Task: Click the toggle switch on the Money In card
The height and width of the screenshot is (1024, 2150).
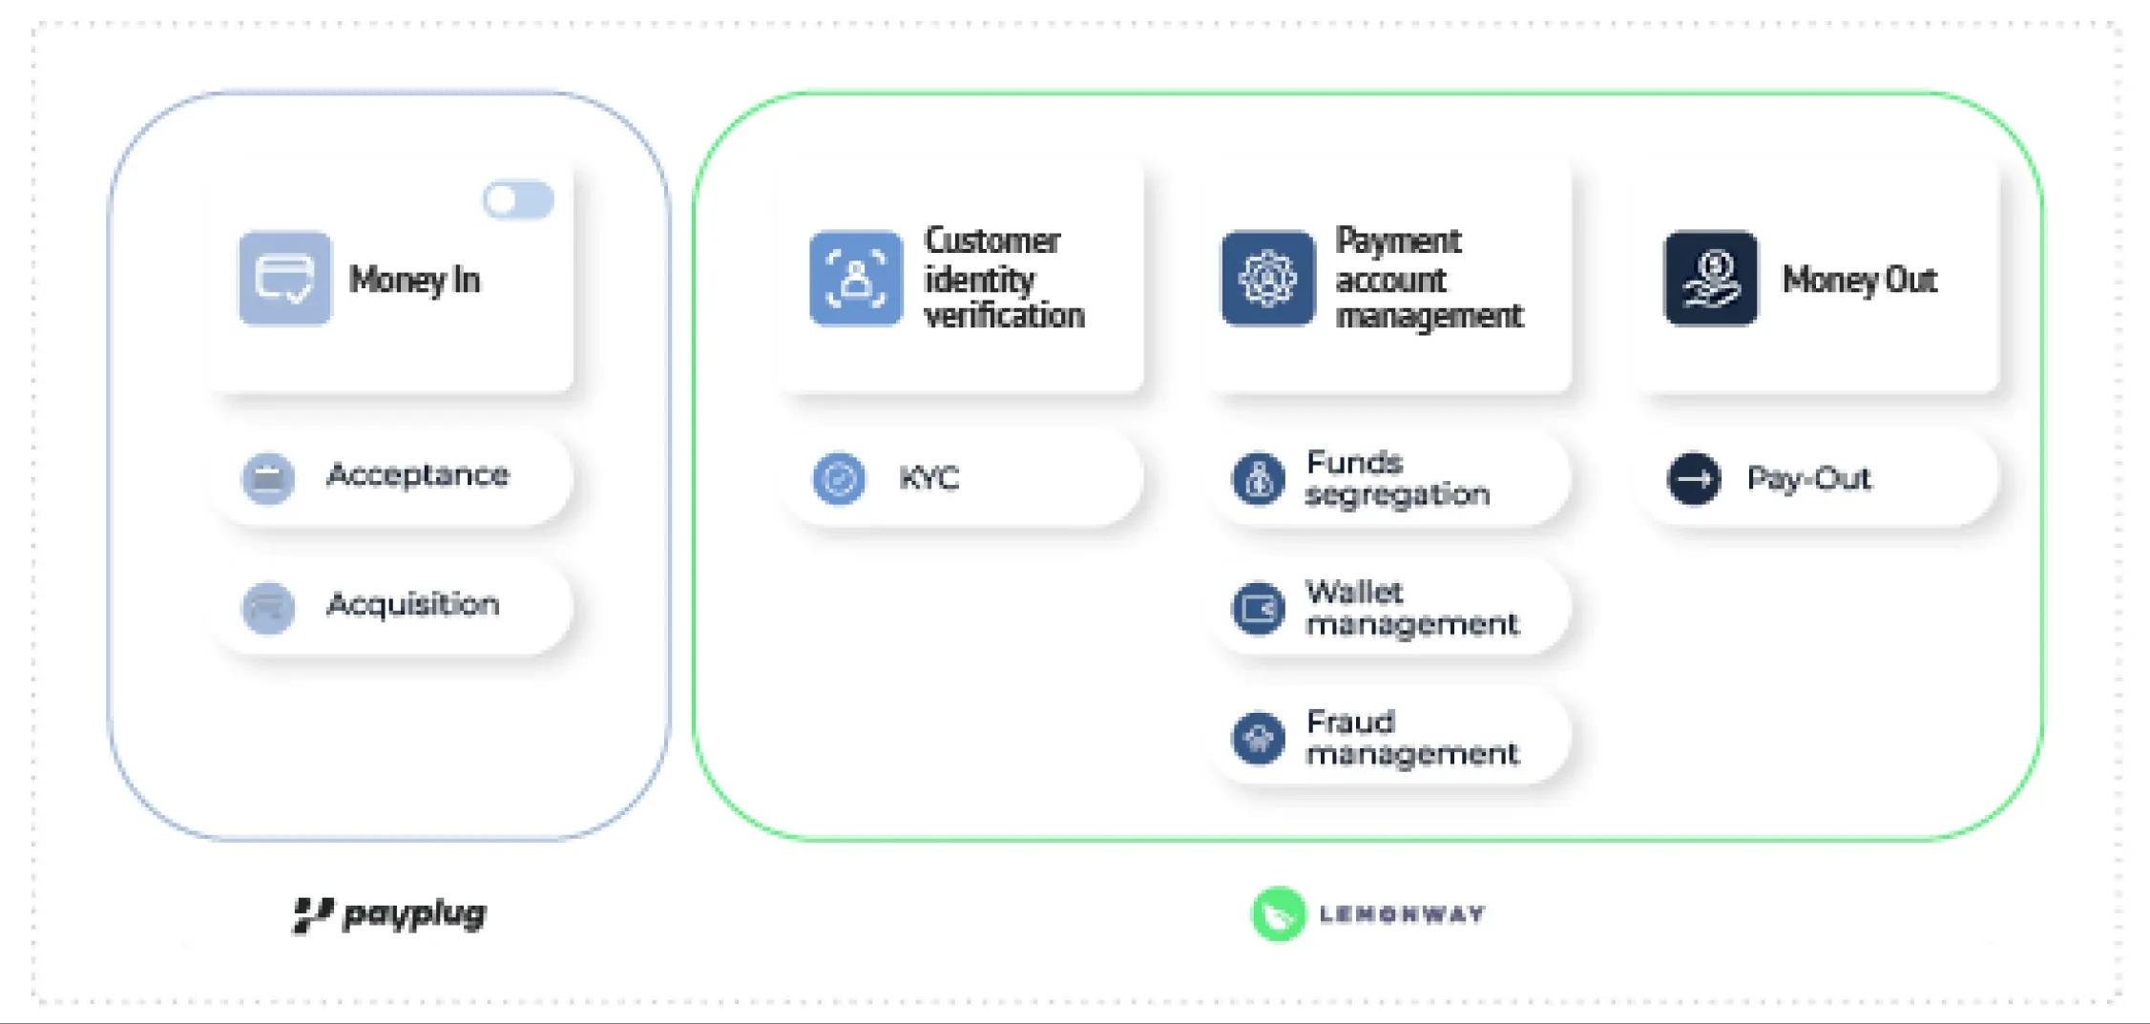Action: (x=518, y=200)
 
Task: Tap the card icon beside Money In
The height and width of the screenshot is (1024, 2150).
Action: (x=284, y=279)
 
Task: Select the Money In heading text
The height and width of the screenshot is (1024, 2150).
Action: (x=414, y=281)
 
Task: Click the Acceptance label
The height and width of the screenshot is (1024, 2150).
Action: (x=417, y=475)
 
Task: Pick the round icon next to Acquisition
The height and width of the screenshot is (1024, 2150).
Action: (x=268, y=607)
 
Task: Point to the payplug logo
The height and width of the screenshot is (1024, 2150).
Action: (x=389, y=914)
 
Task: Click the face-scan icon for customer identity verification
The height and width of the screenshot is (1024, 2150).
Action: (x=855, y=279)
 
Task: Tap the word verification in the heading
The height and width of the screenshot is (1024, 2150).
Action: (x=1004, y=316)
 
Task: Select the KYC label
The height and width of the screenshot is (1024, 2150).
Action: (x=929, y=478)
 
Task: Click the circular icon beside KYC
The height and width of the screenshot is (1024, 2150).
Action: (x=839, y=478)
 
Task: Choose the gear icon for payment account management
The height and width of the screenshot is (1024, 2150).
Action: (x=1267, y=279)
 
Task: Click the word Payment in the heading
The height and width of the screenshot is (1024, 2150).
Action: (x=1397, y=241)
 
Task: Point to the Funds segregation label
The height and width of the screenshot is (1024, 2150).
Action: (x=1397, y=478)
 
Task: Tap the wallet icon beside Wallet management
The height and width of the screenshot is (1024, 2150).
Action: (x=1258, y=608)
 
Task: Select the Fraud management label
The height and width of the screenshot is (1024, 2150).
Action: (x=1411, y=738)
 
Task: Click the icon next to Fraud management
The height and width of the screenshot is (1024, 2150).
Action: (x=1258, y=738)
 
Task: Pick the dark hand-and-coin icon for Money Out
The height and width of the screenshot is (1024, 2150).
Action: (x=1710, y=279)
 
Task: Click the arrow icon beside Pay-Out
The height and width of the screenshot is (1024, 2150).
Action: (x=1694, y=478)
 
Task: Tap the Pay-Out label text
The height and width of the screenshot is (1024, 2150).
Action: (x=1808, y=478)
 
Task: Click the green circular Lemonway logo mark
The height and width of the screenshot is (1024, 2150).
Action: (x=1278, y=914)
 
